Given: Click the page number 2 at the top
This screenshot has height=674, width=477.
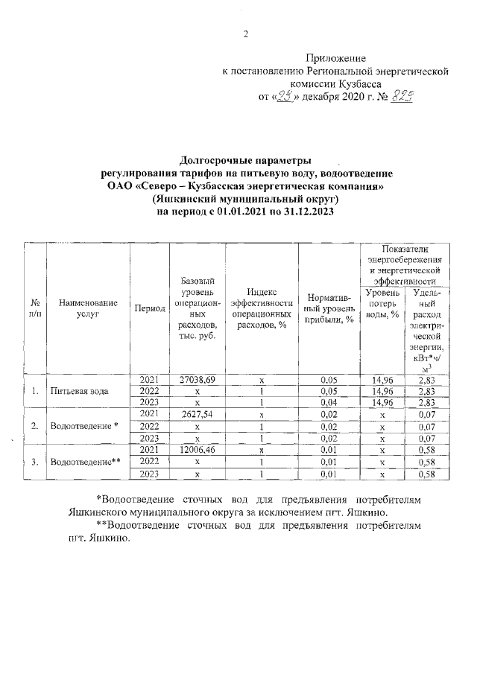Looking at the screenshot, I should tap(245, 34).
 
